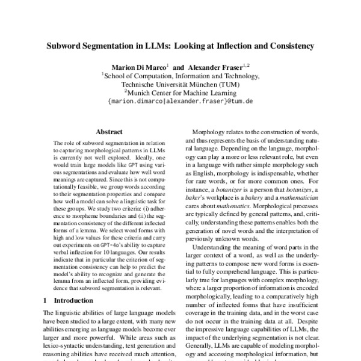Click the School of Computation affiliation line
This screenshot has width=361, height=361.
click(180, 76)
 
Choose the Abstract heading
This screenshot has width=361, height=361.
click(109, 131)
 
